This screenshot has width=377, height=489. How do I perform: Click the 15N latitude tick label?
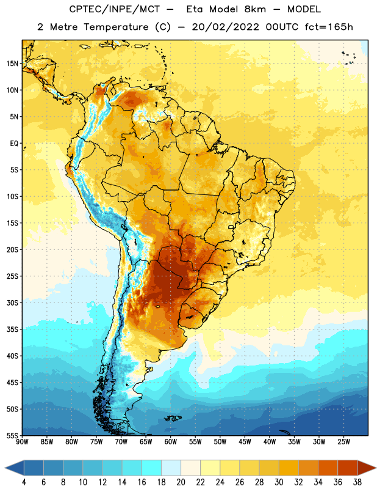pyautogui.click(x=12, y=64)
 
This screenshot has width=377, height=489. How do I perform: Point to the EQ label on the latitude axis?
pyautogui.click(x=14, y=144)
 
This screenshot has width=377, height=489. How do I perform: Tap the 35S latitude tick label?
pyautogui.click(x=12, y=329)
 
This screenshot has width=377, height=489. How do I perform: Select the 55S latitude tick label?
pyautogui.click(x=12, y=436)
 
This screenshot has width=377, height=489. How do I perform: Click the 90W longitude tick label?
pyautogui.click(x=22, y=442)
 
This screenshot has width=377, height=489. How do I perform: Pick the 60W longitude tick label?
pyautogui.click(x=171, y=442)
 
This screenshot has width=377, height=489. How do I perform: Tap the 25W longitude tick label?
pyautogui.click(x=343, y=442)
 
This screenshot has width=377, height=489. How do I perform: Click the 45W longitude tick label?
pyautogui.click(x=245, y=442)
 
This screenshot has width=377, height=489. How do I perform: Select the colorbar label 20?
pyautogui.click(x=181, y=482)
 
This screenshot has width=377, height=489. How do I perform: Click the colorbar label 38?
pyautogui.click(x=357, y=482)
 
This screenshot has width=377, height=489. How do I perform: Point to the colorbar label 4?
pyautogui.click(x=24, y=482)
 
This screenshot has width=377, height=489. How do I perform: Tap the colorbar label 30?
pyautogui.click(x=279, y=482)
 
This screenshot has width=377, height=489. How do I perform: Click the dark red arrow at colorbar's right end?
pyautogui.click(x=366, y=468)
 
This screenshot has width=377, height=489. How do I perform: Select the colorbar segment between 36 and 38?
pyautogui.click(x=348, y=468)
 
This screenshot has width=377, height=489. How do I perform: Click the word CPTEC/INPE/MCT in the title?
pyautogui.click(x=114, y=9)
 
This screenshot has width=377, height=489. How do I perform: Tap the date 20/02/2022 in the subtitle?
pyautogui.click(x=225, y=27)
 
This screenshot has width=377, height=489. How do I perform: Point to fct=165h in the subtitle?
pyautogui.click(x=329, y=27)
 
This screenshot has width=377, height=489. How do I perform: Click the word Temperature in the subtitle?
pyautogui.click(x=116, y=28)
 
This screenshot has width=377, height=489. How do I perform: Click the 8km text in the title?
pyautogui.click(x=255, y=9)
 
